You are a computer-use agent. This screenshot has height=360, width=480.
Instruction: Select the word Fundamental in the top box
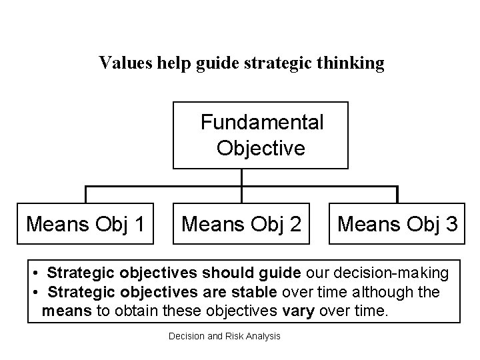(262, 123)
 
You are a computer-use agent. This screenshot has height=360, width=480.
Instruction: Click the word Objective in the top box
(261, 147)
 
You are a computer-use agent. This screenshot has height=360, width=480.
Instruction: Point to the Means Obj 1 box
(85, 223)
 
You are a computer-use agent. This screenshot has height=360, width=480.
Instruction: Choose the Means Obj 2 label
(241, 223)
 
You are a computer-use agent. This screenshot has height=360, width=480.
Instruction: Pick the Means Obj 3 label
(397, 223)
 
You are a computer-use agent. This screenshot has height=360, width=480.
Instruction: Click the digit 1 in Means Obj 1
(138, 223)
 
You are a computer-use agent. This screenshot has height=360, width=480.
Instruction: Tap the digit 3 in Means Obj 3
(451, 223)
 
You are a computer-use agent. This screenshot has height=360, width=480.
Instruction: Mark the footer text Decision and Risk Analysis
(225, 336)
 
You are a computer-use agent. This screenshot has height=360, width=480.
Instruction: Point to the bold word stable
(256, 292)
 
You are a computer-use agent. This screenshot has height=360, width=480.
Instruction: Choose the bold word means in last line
(62, 311)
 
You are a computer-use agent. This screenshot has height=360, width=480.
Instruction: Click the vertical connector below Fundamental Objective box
(241, 177)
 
